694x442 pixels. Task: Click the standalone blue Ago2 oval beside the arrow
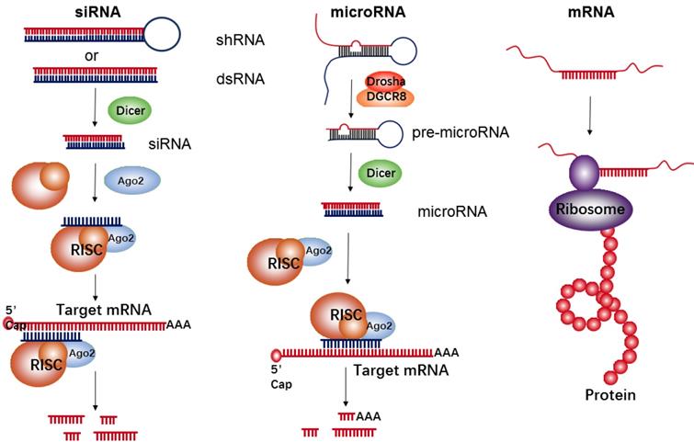tap(128, 181)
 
